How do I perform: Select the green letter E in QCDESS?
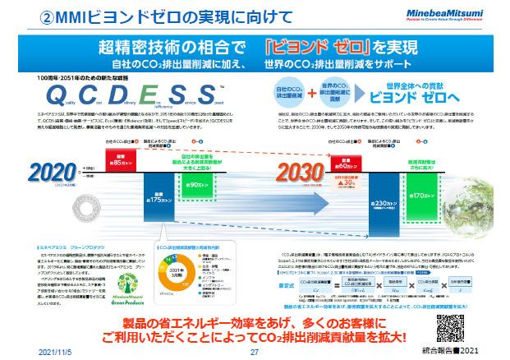click(x=145, y=93)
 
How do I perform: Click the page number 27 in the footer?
click(x=254, y=351)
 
